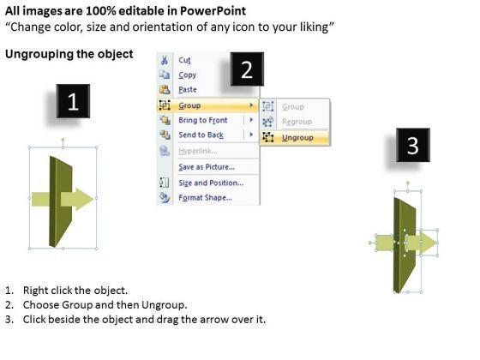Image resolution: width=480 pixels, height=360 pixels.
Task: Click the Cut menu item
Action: point(184,60)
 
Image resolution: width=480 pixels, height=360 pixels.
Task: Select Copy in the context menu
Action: point(188,75)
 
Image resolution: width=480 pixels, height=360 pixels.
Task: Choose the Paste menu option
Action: point(188,89)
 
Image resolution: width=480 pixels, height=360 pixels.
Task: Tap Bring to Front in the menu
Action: point(202,120)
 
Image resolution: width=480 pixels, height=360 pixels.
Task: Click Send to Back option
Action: point(201,135)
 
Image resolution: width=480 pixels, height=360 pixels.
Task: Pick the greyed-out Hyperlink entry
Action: point(198,151)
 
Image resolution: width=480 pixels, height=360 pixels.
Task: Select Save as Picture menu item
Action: point(207,167)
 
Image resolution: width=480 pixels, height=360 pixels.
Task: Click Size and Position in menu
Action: point(211,183)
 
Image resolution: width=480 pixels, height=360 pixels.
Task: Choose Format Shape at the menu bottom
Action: point(205,197)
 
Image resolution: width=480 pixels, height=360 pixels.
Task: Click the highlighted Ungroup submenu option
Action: point(297,137)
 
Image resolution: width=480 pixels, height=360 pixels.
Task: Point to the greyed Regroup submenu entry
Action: point(297,122)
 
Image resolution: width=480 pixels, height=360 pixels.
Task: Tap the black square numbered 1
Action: point(73,101)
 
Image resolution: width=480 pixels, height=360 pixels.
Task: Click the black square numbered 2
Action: point(247,69)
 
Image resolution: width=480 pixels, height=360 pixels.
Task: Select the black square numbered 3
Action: point(413,145)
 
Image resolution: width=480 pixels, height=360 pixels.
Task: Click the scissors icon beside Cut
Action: point(165,60)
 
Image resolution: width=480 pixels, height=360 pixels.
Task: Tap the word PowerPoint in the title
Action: point(213,11)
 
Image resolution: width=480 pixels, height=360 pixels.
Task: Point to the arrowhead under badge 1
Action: point(85,199)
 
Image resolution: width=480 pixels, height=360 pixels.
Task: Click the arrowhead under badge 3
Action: point(429,243)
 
